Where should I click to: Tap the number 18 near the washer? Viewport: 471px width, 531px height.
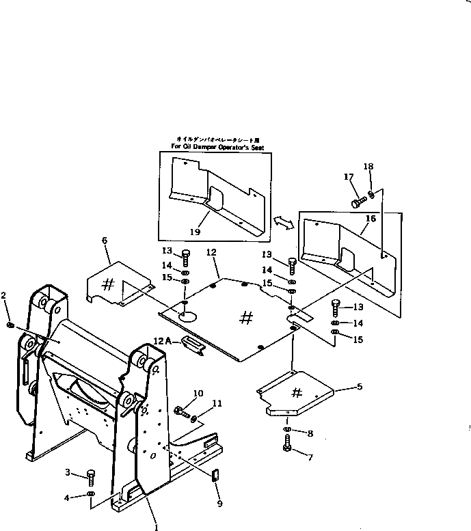tap(368, 166)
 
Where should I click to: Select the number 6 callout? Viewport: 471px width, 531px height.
tap(105, 240)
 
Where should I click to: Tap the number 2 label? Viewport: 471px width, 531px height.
tap(4, 295)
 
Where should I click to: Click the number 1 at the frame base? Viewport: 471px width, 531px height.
tap(156, 527)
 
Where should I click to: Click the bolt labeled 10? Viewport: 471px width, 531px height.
tap(180, 412)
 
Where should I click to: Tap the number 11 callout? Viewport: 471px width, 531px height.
tap(218, 405)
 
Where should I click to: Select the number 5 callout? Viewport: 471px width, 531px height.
tap(358, 387)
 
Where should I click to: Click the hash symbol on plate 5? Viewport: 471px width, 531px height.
tap(297, 393)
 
